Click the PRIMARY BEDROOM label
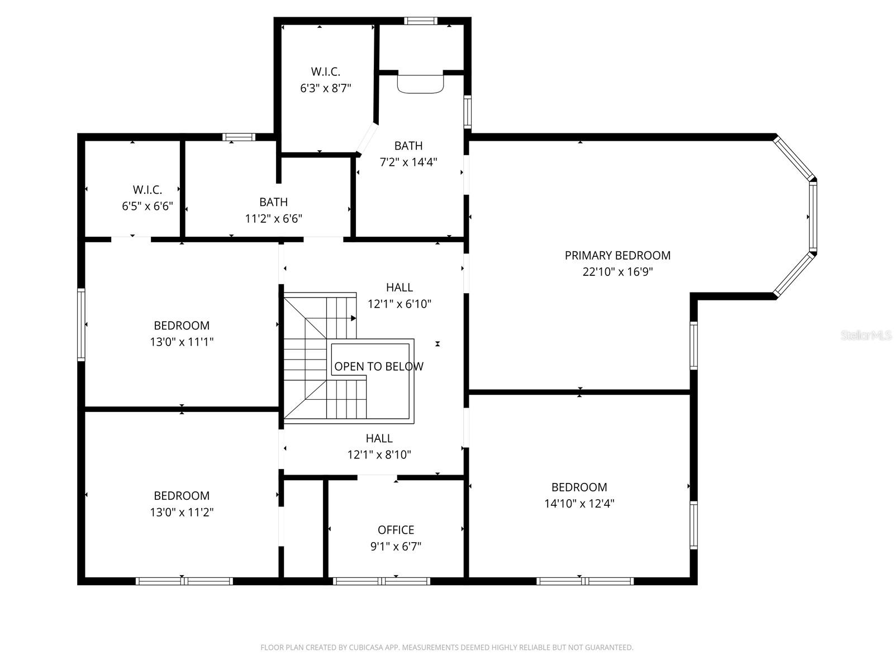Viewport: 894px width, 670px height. point(617,255)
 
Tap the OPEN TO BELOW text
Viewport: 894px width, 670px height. point(378,366)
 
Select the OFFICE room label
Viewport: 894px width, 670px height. point(396,530)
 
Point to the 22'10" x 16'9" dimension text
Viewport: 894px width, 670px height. point(617,272)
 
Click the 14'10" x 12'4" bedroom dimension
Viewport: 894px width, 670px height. point(579,504)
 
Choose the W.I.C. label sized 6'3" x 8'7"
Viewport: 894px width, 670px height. point(325,71)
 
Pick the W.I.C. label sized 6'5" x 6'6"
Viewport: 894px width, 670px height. point(147,190)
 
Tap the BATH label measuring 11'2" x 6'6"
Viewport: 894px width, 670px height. point(273,202)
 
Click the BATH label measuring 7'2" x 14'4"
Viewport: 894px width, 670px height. point(408,146)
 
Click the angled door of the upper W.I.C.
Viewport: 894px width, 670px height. point(367,138)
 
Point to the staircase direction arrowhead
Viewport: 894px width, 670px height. point(353,318)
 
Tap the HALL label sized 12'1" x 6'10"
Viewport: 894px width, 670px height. point(399,288)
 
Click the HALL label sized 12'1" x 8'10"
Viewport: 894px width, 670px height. point(379,438)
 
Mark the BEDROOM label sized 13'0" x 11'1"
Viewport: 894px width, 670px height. point(182,326)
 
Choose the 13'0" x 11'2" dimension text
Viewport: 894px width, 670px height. point(182,512)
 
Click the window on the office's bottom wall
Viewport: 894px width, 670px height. point(381,581)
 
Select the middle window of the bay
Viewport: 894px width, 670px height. point(812,217)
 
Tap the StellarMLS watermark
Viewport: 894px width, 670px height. point(866,336)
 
